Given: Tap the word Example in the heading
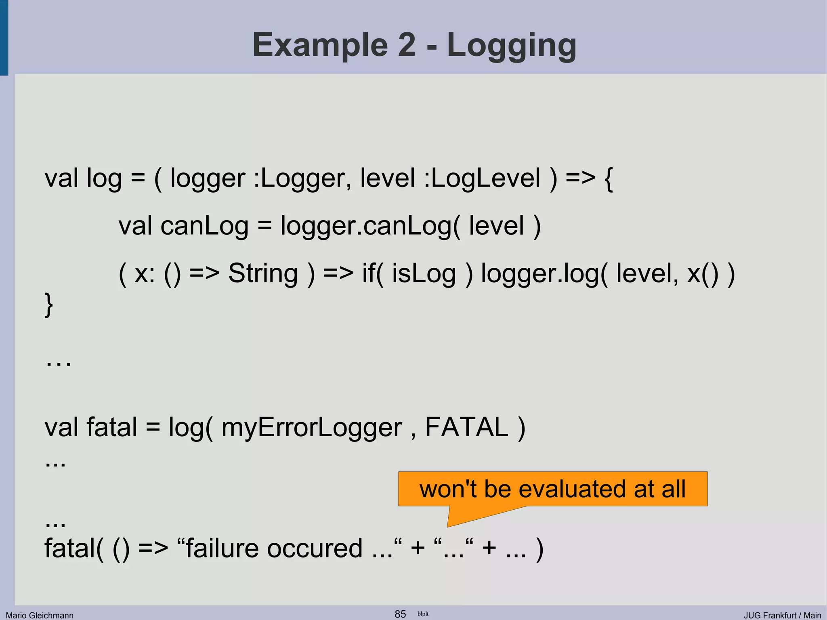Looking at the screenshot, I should (320, 45).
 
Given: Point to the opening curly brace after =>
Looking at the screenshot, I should (608, 179).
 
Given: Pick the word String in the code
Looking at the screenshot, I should (263, 273).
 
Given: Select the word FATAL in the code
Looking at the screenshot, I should (466, 427).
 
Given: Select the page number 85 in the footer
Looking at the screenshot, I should (400, 614).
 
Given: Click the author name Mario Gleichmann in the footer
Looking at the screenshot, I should (40, 615).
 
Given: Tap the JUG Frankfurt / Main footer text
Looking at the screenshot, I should (782, 615).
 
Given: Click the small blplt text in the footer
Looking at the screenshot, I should (423, 614).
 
